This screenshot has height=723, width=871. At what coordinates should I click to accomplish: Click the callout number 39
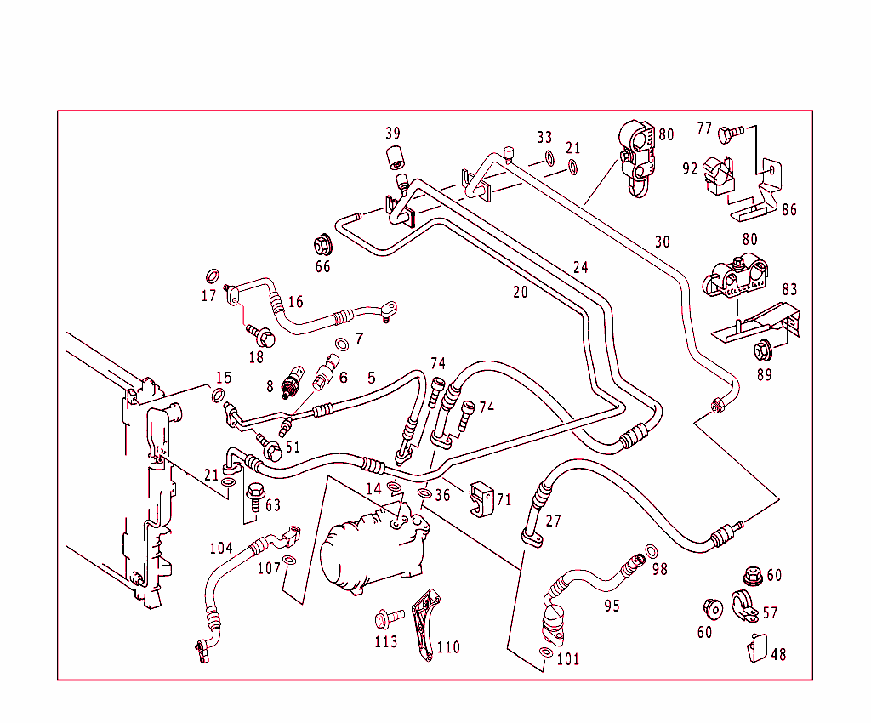coord(392,134)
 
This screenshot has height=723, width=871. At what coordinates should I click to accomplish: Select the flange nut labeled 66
coord(323,244)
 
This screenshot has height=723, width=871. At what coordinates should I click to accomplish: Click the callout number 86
coord(789,209)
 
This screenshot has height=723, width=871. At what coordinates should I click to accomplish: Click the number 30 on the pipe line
coord(662,242)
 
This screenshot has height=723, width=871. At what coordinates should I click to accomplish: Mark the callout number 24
coord(580,268)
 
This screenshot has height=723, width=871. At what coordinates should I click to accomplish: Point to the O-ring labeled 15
coord(219,395)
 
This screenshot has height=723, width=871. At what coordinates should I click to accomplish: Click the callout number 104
coord(221,549)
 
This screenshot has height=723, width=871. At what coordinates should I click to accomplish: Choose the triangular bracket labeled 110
coord(423,625)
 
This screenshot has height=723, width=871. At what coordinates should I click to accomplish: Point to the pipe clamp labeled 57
coord(744,606)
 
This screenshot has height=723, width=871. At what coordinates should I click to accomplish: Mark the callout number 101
coord(568,658)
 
